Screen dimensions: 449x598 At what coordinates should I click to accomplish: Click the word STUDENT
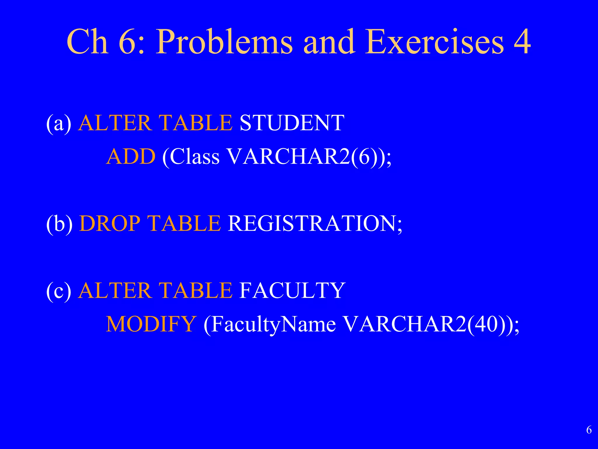[x=292, y=123]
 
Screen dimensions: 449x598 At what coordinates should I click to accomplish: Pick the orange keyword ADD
[x=131, y=157]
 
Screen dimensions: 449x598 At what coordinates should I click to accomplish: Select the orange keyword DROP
[x=110, y=224]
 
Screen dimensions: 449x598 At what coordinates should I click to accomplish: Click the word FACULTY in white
[x=292, y=291]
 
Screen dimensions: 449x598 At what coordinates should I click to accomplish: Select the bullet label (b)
[x=59, y=224]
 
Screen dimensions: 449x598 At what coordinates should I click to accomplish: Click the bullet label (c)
[x=59, y=291]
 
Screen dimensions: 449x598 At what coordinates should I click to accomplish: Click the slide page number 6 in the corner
[x=589, y=430]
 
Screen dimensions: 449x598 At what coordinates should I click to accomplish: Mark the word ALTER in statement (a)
[x=115, y=123]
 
